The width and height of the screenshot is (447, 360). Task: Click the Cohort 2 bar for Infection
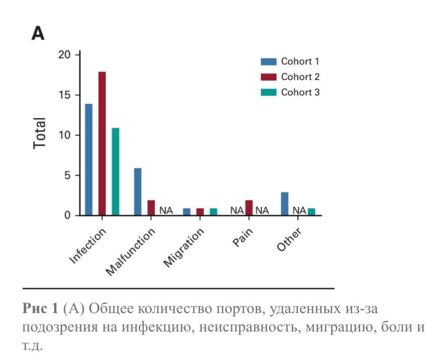point(102,144)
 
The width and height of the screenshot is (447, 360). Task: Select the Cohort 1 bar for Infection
point(89,159)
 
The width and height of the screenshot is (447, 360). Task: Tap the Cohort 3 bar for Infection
point(115,171)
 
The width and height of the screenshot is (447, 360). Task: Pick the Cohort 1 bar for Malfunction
point(138,192)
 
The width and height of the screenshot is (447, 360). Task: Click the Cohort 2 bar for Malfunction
point(151,208)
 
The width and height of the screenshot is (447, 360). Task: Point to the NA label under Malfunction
point(166,210)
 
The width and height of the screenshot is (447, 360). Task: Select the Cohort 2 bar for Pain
point(249,208)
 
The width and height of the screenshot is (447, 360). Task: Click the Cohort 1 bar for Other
point(285,204)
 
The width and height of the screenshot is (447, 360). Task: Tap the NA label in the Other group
point(299,210)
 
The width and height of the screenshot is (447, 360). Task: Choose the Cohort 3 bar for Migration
point(213,212)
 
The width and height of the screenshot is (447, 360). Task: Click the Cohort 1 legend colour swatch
point(268,62)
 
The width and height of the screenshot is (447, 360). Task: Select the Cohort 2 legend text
point(300,77)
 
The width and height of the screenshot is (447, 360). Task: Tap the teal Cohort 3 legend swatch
point(268,92)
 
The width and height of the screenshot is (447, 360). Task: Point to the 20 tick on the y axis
point(64,55)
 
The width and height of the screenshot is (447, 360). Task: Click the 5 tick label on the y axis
point(67,175)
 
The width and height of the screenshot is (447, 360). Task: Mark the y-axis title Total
point(39,133)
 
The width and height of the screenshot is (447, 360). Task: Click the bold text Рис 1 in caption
point(40,308)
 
